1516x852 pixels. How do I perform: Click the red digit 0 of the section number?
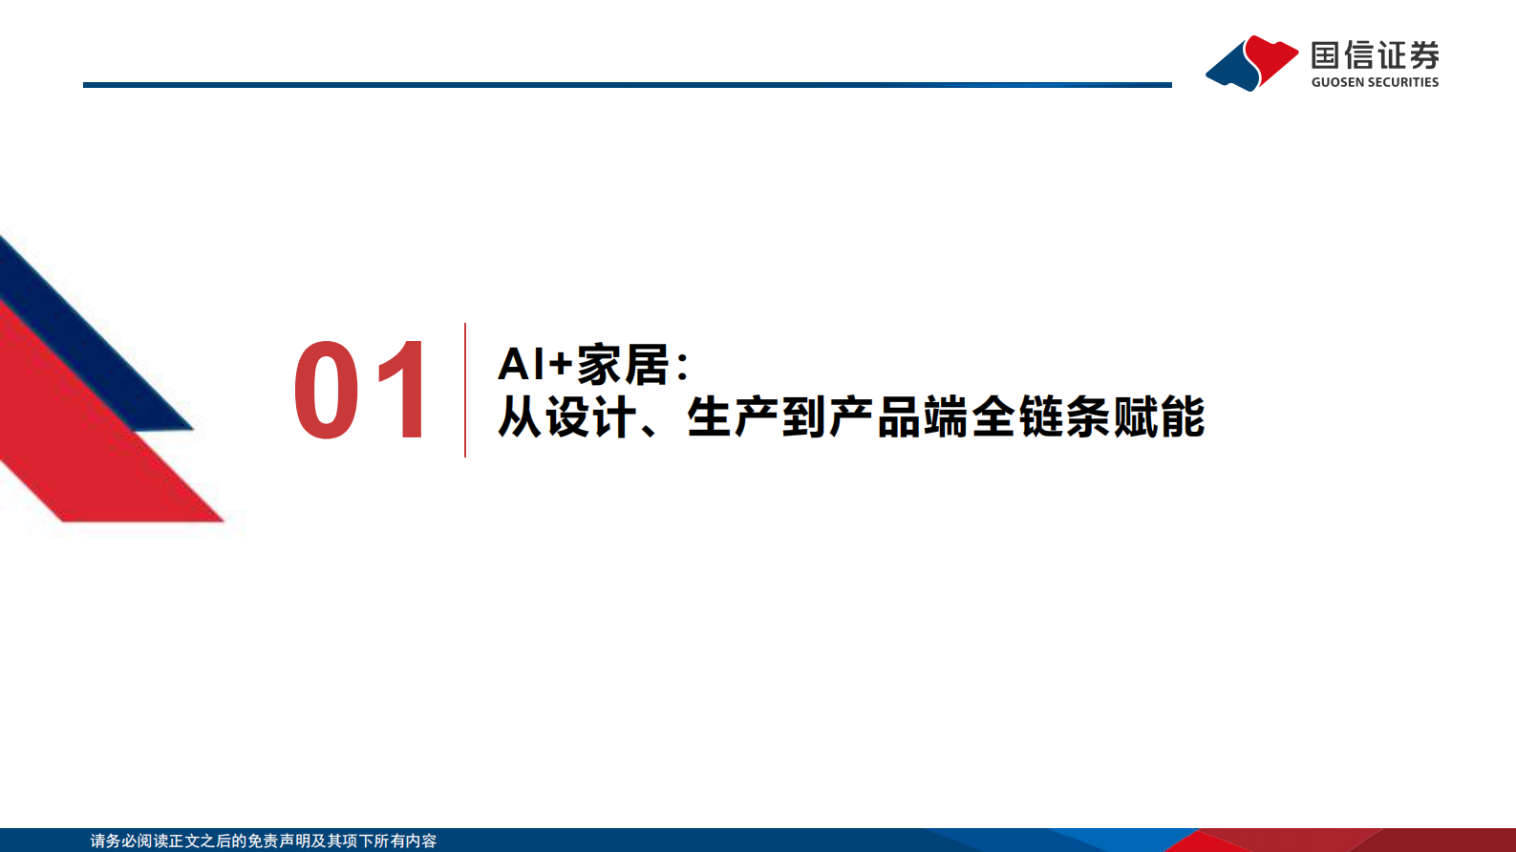coord(327,391)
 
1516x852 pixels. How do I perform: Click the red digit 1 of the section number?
coord(404,391)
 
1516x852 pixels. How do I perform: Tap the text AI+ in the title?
coord(534,365)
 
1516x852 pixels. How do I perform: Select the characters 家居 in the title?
coord(623,365)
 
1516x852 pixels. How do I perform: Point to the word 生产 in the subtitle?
coord(734,417)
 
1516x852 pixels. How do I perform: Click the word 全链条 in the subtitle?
coord(1041,417)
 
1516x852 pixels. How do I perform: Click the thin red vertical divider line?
coord(465,390)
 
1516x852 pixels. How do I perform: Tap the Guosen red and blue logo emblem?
coord(1251,63)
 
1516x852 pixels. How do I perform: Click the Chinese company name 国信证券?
coord(1375,55)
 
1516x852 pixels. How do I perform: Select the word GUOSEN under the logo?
coord(1337,83)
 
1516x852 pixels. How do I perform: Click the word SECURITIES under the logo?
coord(1403,83)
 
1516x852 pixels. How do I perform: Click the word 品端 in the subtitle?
coord(923,417)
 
